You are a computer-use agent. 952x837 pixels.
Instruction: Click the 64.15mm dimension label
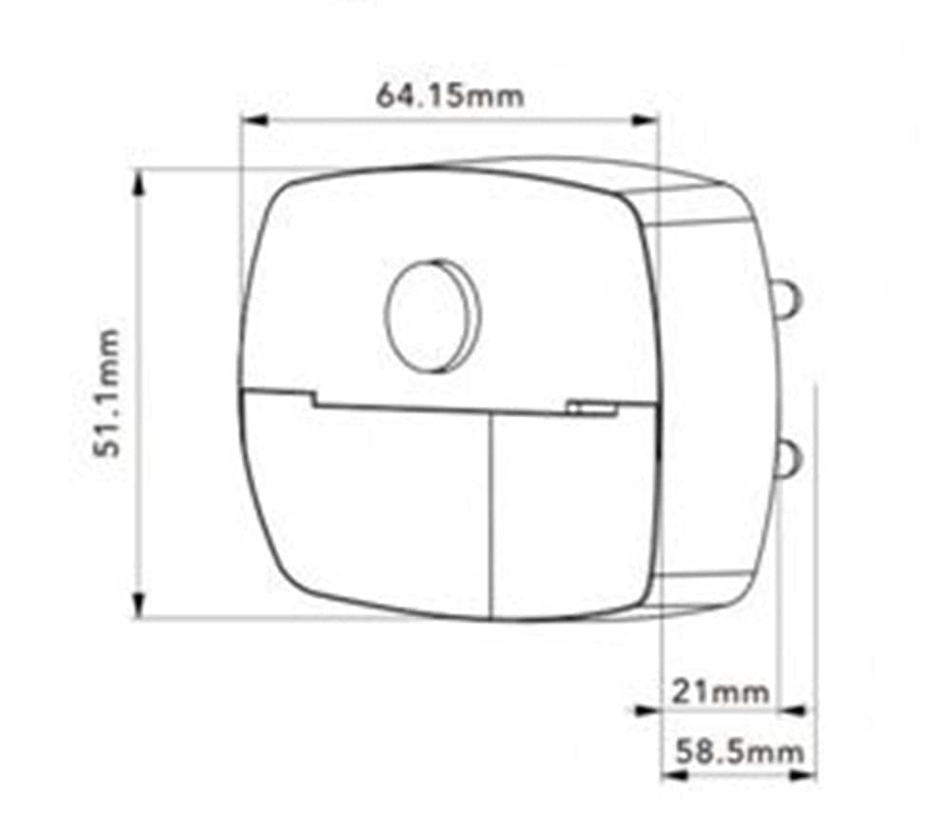click(449, 96)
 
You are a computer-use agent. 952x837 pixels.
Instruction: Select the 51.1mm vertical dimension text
click(108, 393)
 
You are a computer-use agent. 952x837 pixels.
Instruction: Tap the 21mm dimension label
click(720, 692)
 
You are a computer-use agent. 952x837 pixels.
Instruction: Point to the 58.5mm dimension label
click(740, 751)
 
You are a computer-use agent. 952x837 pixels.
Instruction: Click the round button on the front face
click(432, 316)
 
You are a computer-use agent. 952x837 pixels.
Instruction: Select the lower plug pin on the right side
click(790, 458)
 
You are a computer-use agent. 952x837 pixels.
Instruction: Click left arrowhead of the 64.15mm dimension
click(254, 120)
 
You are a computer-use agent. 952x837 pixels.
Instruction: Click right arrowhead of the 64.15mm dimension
click(645, 120)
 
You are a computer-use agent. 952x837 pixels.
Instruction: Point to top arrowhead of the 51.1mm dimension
click(139, 184)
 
